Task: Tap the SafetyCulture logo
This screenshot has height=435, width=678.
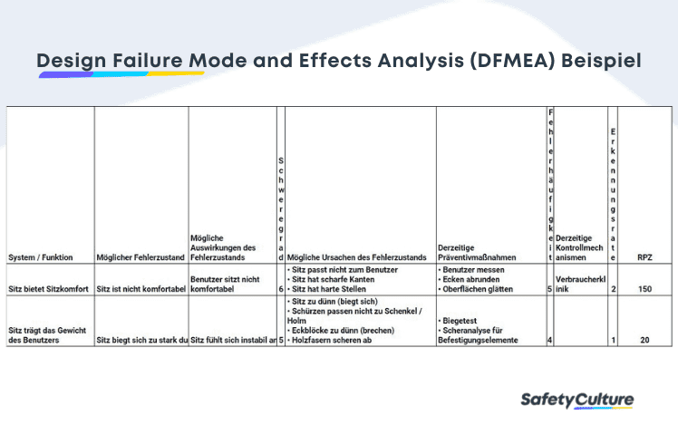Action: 577,400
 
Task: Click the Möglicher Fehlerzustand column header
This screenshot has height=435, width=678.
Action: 141,257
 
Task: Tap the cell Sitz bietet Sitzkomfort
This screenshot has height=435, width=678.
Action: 50,289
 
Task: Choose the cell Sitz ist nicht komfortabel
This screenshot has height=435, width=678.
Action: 141,289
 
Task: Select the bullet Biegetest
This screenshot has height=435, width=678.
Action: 461,321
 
